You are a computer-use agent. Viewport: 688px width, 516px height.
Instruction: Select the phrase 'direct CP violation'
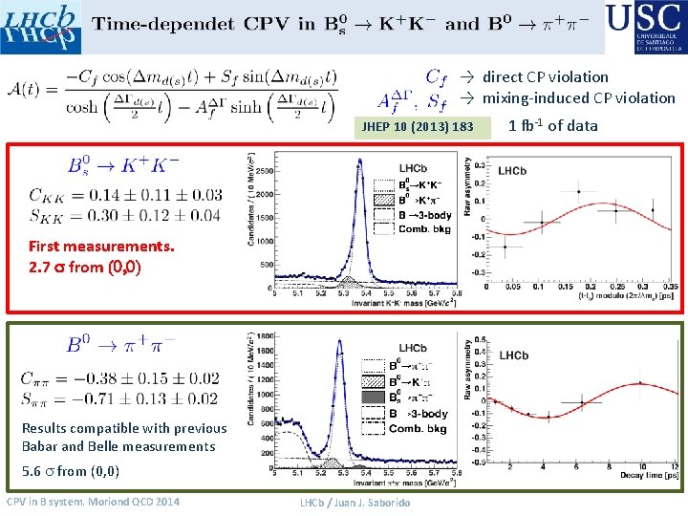545,76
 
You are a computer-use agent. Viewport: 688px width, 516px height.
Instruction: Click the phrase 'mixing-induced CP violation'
578,97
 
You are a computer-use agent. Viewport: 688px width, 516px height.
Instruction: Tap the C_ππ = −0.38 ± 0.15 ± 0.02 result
122,378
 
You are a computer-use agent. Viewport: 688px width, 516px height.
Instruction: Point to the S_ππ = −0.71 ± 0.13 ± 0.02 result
122,398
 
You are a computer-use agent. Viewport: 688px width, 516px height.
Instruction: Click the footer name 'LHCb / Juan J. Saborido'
355,503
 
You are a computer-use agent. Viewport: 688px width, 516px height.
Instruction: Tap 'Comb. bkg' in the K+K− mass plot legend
426,229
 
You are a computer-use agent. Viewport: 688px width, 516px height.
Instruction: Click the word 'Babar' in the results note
40,446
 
